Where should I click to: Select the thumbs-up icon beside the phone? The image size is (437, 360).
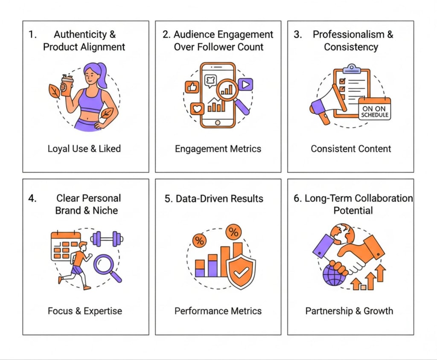tap(192, 87)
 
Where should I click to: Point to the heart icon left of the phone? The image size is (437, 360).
tap(197, 109)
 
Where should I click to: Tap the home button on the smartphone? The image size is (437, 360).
tap(218, 122)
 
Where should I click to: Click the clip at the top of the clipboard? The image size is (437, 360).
tap(352, 68)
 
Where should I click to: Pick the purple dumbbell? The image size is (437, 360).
tap(107, 238)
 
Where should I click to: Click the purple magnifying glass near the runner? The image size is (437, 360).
tap(105, 265)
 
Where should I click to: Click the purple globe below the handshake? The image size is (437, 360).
tap(334, 276)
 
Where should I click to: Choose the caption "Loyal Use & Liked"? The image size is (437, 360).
tap(84, 149)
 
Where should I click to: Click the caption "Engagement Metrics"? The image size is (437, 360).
tap(218, 149)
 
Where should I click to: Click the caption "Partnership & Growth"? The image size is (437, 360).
tap(349, 311)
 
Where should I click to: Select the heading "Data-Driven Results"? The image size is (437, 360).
tap(214, 199)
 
